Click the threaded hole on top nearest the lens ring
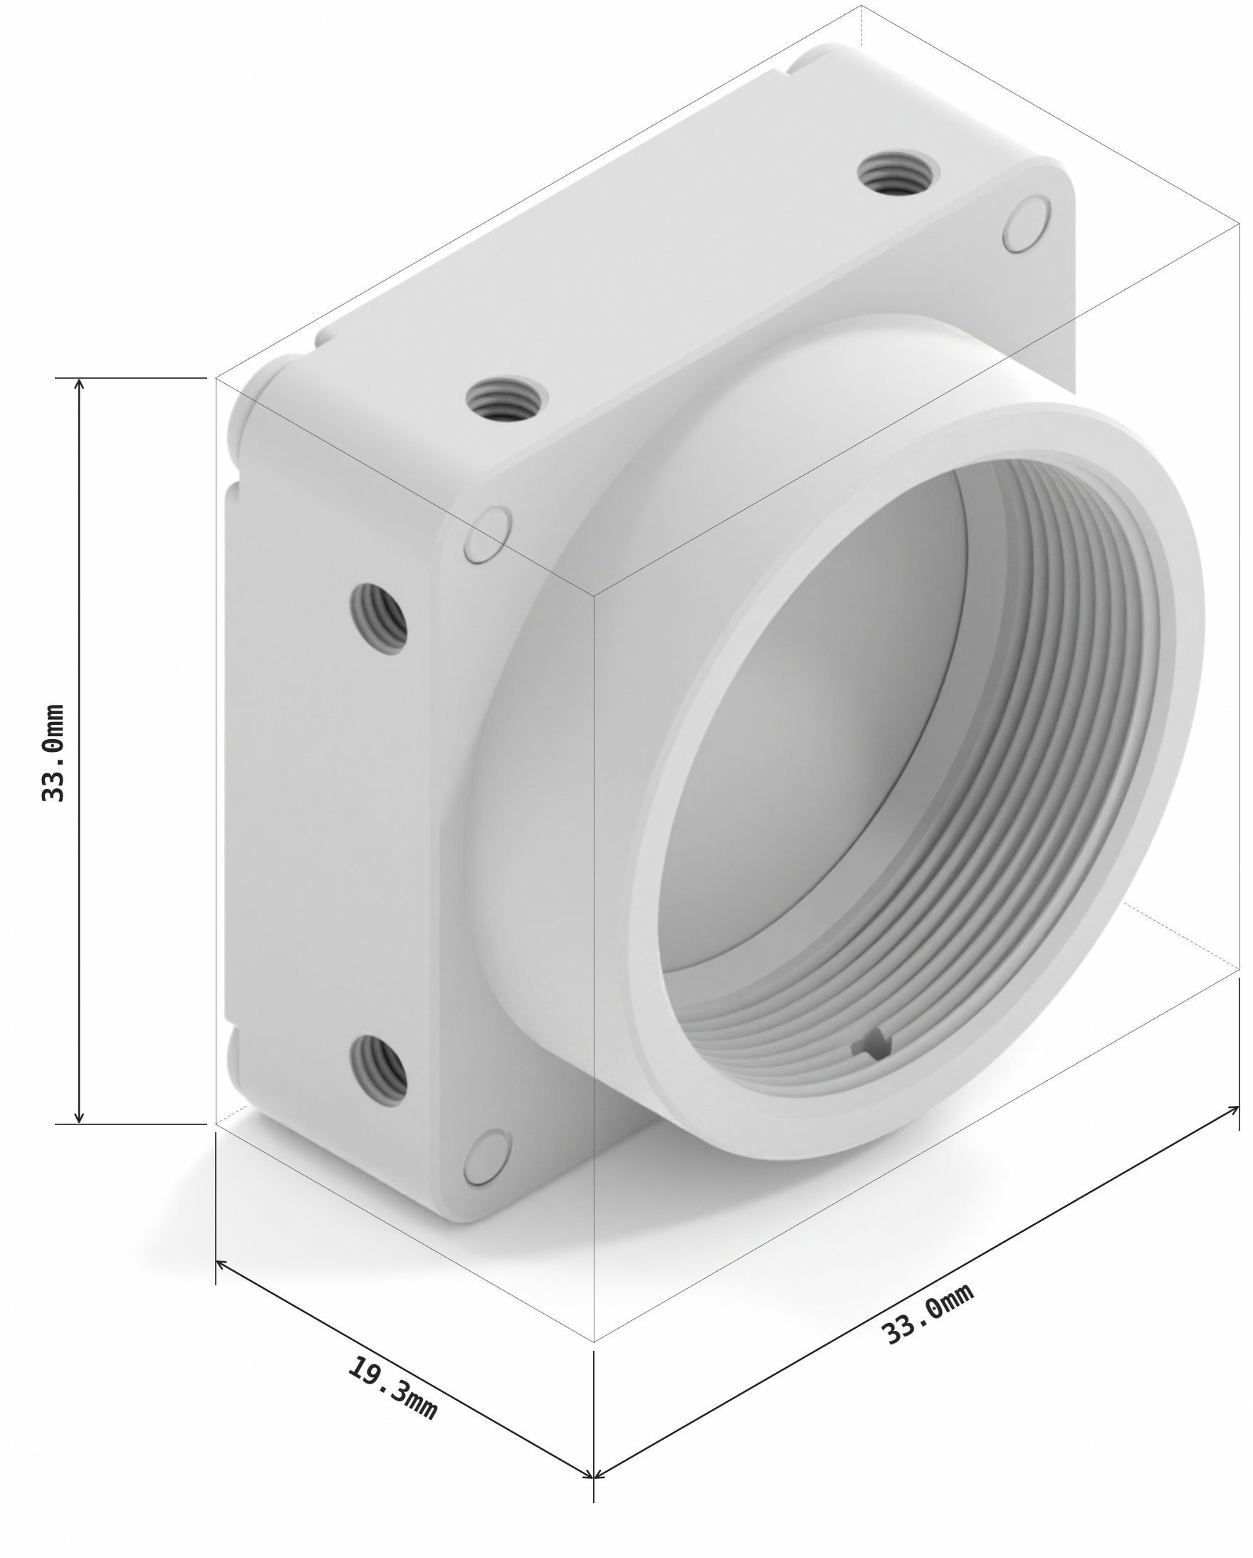click(505, 399)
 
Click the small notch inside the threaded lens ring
click(872, 1045)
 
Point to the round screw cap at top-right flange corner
click(1026, 224)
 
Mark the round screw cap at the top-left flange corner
click(488, 535)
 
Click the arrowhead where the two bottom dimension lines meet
click(592, 1474)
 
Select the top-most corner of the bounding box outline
click(861, 6)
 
